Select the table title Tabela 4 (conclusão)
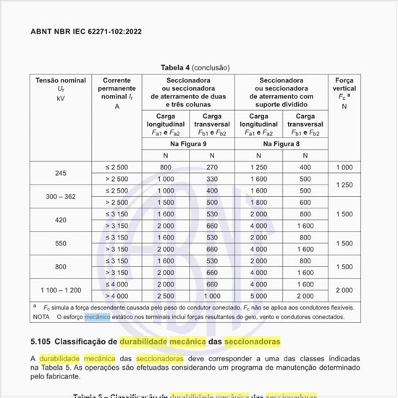(198, 67)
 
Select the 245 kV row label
(61, 173)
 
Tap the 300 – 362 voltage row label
(61, 196)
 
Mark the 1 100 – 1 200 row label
(61, 289)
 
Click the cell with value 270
(212, 167)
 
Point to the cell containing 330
(212, 179)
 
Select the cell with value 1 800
(259, 202)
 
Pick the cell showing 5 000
(259, 295)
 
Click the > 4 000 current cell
(117, 295)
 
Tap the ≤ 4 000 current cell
(117, 284)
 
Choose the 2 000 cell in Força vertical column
(344, 289)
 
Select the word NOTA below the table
(41, 316)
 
